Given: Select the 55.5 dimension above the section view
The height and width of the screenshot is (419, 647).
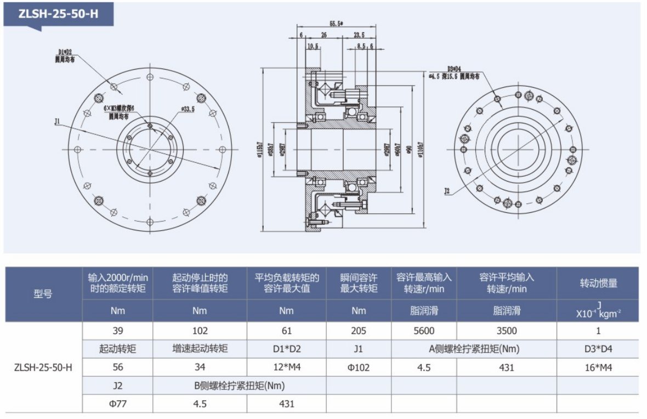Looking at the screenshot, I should pos(336,24).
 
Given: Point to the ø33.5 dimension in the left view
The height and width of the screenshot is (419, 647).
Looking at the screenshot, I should pos(188,109).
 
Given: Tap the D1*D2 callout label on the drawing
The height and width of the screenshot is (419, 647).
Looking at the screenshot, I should pos(65,54).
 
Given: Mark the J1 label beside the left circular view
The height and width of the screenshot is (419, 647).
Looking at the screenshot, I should pos(57,122).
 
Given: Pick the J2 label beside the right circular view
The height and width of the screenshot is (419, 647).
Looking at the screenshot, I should pos(447,191).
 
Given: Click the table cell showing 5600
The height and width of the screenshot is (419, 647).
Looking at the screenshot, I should pos(424,331).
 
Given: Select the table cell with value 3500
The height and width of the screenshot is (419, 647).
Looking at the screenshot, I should pos(507,331).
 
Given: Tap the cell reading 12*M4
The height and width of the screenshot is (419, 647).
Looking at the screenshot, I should pos(286,367).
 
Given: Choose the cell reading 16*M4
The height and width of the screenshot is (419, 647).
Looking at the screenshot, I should pos(598,367).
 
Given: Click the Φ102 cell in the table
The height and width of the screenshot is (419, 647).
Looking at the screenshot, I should pos(359,367).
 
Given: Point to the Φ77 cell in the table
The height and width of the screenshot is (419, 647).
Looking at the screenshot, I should pos(117,404).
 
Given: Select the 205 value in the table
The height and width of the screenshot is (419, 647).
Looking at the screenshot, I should pos(359,331).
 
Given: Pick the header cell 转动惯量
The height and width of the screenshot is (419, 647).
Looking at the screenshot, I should pos(598,283).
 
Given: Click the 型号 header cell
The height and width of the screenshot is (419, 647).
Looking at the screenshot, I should pos(43,294).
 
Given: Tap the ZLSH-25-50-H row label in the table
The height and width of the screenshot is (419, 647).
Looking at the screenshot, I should pos(43,367).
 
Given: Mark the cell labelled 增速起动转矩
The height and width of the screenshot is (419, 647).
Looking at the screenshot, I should pos(200,349).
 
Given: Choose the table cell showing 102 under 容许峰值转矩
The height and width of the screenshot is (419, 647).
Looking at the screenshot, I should pos(200,331).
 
